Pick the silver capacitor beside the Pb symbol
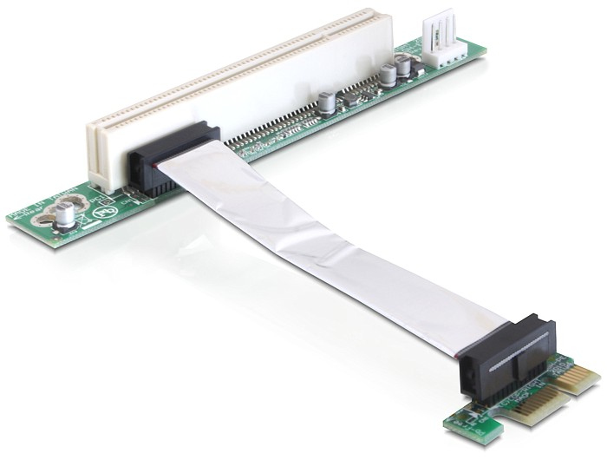63,217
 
